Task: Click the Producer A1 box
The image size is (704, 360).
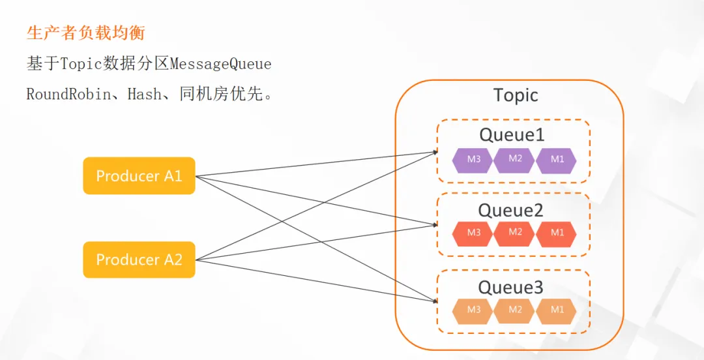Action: click(x=139, y=175)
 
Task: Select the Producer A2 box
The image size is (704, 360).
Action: click(x=139, y=260)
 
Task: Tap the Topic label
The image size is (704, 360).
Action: click(x=516, y=95)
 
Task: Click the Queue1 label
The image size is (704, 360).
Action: click(x=512, y=134)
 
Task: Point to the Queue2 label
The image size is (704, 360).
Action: click(x=511, y=210)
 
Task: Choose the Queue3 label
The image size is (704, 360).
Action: click(x=511, y=286)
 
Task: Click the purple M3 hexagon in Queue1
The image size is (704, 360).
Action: click(x=473, y=160)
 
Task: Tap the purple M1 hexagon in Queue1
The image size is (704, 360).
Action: click(x=556, y=160)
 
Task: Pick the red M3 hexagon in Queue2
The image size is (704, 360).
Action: click(x=473, y=233)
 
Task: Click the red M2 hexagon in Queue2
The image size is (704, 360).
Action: click(x=514, y=233)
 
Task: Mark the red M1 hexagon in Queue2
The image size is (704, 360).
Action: click(x=556, y=233)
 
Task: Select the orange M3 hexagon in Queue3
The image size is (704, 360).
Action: click(x=473, y=310)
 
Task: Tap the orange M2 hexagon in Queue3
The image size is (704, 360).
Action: click(x=514, y=310)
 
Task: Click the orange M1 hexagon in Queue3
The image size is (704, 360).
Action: click(x=556, y=310)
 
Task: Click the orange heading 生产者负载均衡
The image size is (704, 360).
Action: click(x=86, y=33)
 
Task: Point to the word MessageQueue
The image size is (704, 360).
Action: click(x=220, y=65)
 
